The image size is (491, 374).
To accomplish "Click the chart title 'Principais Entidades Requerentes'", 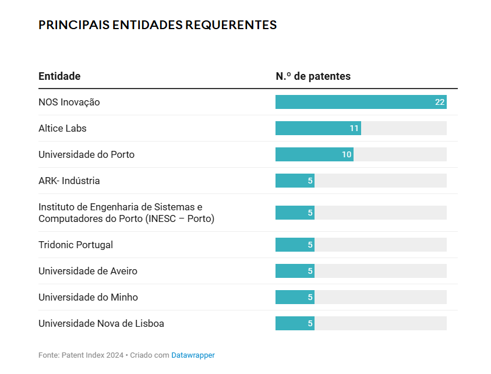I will click(x=157, y=24).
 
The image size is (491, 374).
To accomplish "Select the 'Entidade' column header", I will click(x=59, y=76).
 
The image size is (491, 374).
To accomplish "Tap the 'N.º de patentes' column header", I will click(x=313, y=76).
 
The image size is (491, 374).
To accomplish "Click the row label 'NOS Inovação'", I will click(x=69, y=102).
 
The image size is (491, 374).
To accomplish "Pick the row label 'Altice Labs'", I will click(x=62, y=128).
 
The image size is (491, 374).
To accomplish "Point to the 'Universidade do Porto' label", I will click(x=86, y=154).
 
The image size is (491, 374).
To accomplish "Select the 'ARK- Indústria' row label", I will click(x=69, y=181).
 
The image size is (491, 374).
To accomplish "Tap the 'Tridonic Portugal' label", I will click(x=76, y=245).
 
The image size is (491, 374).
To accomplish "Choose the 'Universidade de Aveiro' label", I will click(x=88, y=271).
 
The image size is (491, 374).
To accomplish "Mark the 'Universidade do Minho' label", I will click(x=88, y=297).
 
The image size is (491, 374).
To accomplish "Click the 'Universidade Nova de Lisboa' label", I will click(x=101, y=323).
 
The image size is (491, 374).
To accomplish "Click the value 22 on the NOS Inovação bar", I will click(x=440, y=102).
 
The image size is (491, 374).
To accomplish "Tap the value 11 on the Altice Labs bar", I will click(x=354, y=128).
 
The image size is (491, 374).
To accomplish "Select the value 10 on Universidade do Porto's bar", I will click(x=347, y=154).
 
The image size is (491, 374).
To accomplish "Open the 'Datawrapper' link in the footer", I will click(x=193, y=355).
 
